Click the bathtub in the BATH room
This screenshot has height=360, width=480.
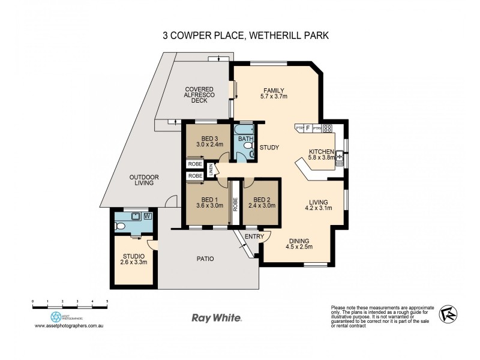[x=244, y=130]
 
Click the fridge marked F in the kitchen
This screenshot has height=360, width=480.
[x=308, y=128]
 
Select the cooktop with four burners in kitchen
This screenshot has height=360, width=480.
[x=328, y=128]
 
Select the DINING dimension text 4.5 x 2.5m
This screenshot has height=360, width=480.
[x=299, y=246]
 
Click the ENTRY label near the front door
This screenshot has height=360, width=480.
[x=254, y=236]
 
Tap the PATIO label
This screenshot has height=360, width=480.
[x=205, y=259]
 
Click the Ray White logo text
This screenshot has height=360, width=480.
[x=216, y=318]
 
